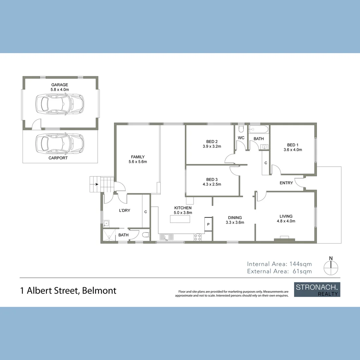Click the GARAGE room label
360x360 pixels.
click(x=60, y=85)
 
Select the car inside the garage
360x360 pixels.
click(x=60, y=104)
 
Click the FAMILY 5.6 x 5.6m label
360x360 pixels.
click(x=138, y=159)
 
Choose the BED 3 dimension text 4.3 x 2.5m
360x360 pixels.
click(x=212, y=184)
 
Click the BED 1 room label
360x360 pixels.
click(x=293, y=145)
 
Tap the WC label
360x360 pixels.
click(x=241, y=138)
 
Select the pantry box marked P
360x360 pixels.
click(x=208, y=224)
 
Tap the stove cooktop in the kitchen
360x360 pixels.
click(x=198, y=237)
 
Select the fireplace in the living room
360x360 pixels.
click(x=284, y=238)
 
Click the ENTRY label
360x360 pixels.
click(x=286, y=183)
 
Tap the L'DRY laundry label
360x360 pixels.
click(x=125, y=210)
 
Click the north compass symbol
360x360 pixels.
click(x=331, y=265)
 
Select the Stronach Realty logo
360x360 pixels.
click(x=317, y=290)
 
